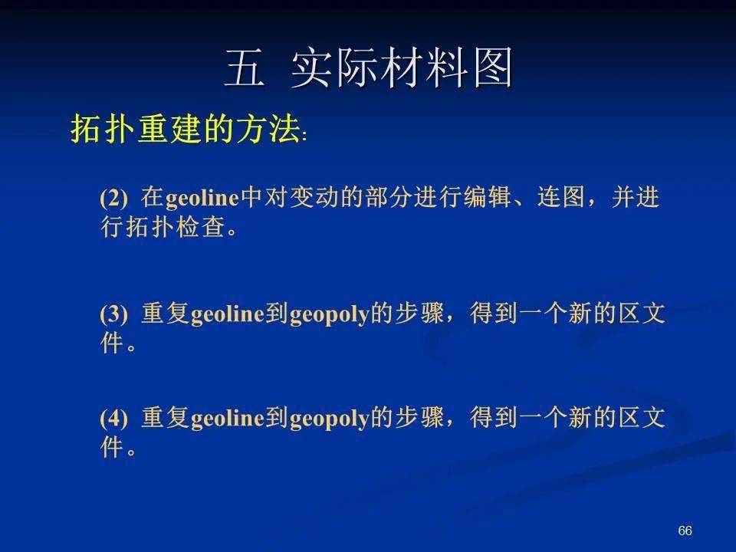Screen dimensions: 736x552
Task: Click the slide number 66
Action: pyautogui.click(x=685, y=531)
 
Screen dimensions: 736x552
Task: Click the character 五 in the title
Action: pyautogui.click(x=244, y=68)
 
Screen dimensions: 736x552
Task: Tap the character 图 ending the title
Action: pyautogui.click(x=493, y=68)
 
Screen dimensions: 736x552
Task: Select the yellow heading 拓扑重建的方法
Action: pyautogui.click(x=186, y=128)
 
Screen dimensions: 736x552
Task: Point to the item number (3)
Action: pyautogui.click(x=113, y=314)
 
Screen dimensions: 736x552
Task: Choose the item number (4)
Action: pyautogui.click(x=113, y=418)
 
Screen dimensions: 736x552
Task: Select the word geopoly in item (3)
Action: pyautogui.click(x=330, y=315)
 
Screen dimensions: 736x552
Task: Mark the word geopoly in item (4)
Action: pyautogui.click(x=330, y=419)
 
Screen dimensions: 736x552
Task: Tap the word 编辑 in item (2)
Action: pyautogui.click(x=488, y=197)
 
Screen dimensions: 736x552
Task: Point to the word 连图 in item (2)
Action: pyautogui.click(x=561, y=197)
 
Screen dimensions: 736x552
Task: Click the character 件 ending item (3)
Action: pyautogui.click(x=112, y=343)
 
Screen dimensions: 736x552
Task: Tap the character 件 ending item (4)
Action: pyautogui.click(x=112, y=447)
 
